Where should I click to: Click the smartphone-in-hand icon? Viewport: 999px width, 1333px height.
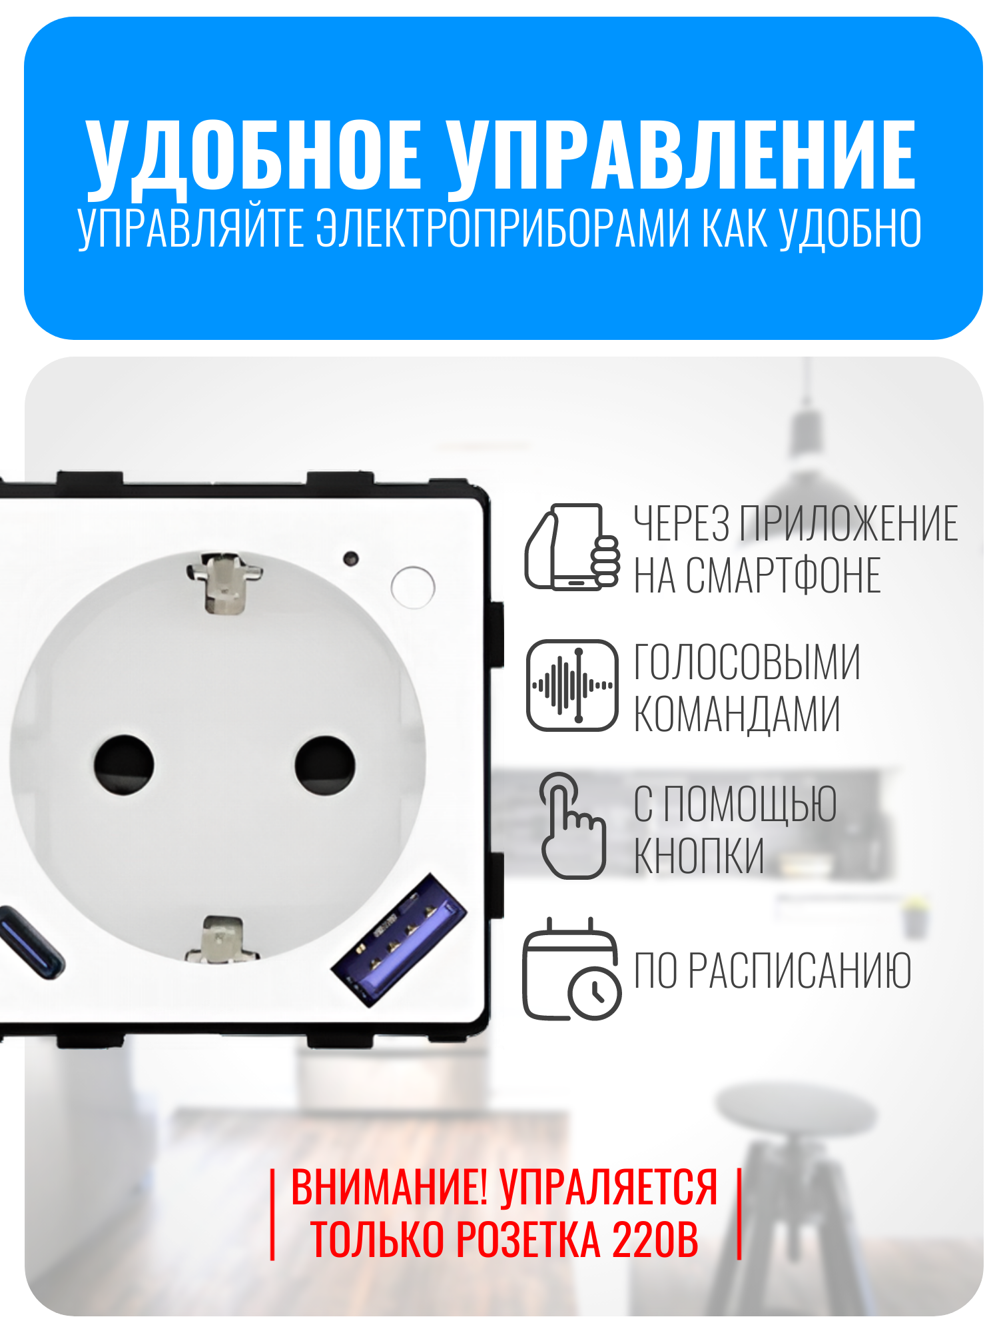point(572,547)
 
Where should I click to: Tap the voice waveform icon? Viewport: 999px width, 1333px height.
point(572,685)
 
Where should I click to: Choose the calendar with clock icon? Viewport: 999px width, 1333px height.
point(572,970)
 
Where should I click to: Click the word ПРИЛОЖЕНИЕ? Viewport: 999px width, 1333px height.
point(848,523)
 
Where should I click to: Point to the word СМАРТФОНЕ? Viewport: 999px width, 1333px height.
point(784,575)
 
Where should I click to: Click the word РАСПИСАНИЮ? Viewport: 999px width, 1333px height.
point(799,970)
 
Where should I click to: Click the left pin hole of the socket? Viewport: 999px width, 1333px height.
point(124,764)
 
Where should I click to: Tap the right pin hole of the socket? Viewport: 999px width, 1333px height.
point(325,765)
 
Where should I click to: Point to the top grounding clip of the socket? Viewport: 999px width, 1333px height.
point(224,582)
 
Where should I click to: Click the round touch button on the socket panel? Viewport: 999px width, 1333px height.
point(413,587)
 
